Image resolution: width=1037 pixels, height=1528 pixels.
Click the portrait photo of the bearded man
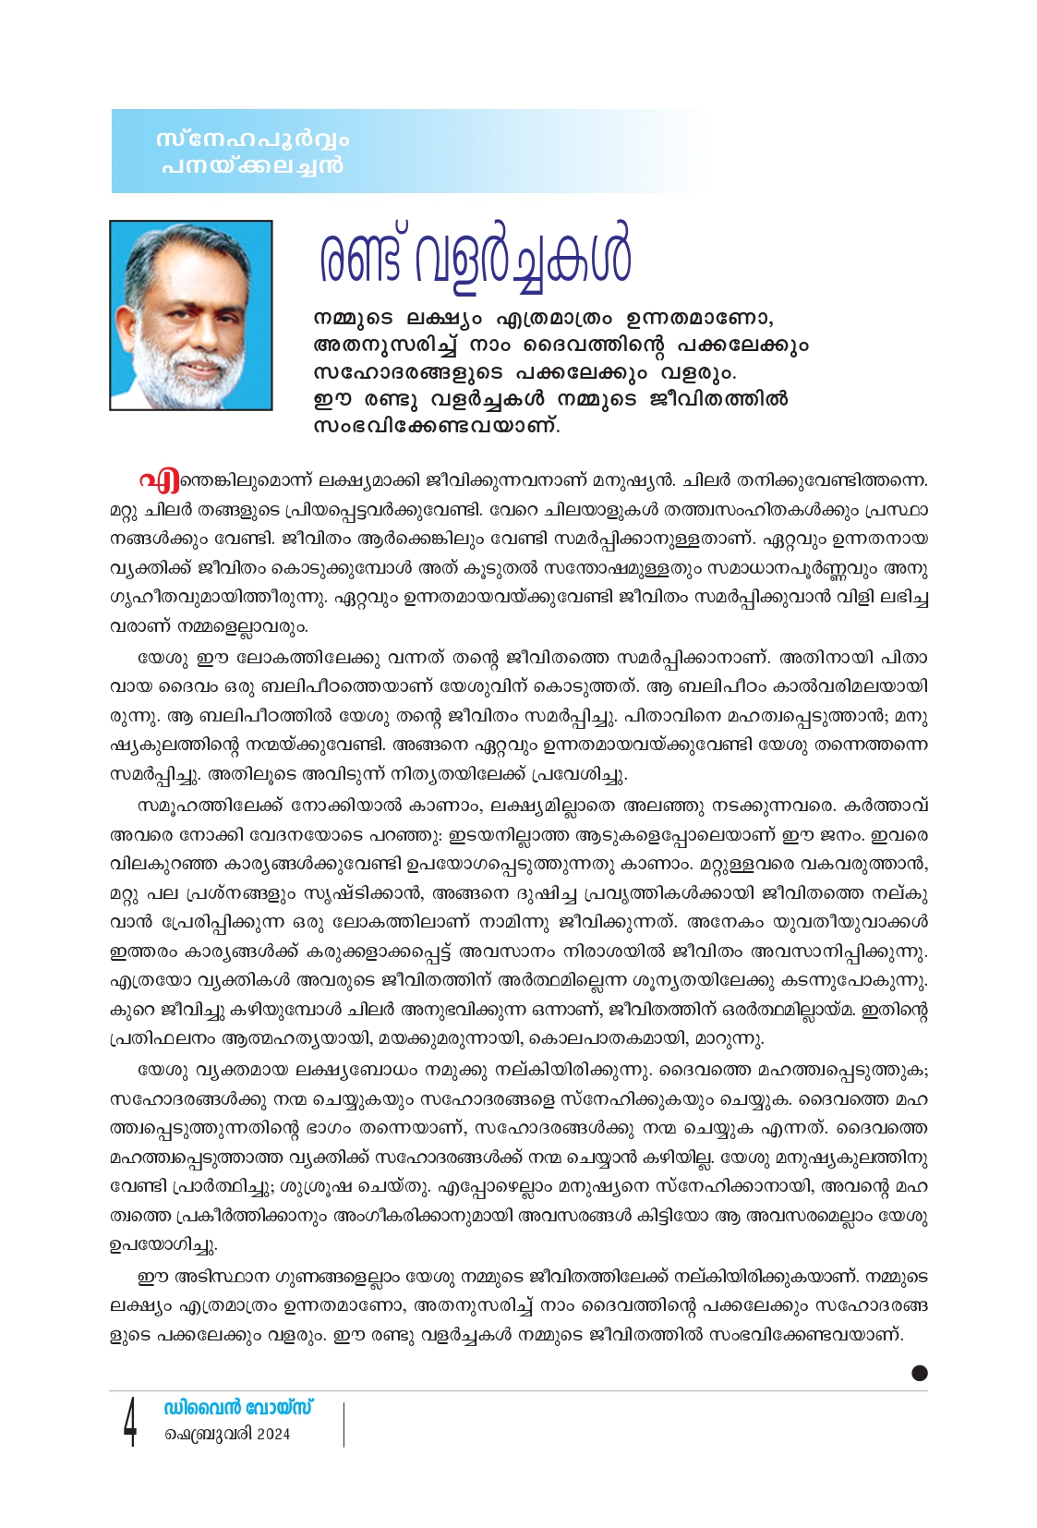191,314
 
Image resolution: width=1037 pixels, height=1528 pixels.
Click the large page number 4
130,1422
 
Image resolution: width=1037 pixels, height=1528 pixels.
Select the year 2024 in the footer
273,1435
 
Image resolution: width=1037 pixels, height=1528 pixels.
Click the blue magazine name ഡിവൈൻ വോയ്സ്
238,1408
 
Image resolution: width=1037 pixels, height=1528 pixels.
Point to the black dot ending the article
919,1373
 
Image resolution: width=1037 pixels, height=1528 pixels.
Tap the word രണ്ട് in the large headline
361,254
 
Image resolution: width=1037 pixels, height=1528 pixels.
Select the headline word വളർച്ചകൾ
524,254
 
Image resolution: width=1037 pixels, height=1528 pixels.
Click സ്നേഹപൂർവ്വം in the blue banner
253,140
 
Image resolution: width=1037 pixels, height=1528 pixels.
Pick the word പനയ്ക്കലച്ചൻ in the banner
251,166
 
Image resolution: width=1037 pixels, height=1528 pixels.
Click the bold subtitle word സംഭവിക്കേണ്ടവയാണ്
437,426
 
